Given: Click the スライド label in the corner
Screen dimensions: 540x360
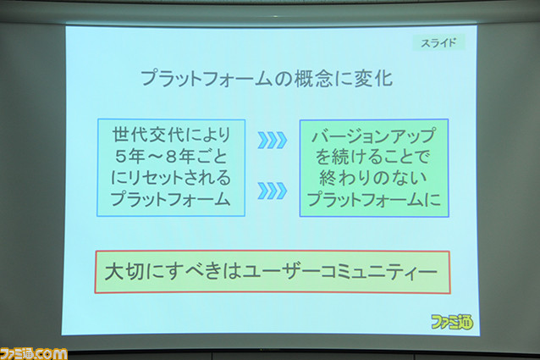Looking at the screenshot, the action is (x=438, y=42).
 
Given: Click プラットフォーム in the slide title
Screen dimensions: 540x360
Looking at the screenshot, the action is (x=207, y=79).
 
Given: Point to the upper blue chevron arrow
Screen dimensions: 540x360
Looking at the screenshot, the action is (x=272, y=140).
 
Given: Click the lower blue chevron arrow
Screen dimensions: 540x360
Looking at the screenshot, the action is (x=272, y=191).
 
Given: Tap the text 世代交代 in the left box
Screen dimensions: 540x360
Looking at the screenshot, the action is (x=148, y=135).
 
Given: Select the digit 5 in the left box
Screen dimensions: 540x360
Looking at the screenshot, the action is (x=120, y=157).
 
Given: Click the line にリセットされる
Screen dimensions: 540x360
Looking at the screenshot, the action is (x=171, y=178).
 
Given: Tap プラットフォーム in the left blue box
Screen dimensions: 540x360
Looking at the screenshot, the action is (x=170, y=199).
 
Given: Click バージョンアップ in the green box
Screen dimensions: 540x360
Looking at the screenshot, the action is (x=373, y=136).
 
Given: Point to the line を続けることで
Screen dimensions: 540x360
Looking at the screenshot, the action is (x=372, y=157).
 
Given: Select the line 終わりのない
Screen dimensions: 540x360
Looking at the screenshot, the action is (x=373, y=178).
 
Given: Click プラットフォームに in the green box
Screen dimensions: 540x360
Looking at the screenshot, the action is (x=373, y=199).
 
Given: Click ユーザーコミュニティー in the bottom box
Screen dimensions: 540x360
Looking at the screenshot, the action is (x=340, y=272).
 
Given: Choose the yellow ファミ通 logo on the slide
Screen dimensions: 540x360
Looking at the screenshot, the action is (x=452, y=322).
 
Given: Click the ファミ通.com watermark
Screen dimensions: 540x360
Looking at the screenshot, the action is (x=33, y=354).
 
